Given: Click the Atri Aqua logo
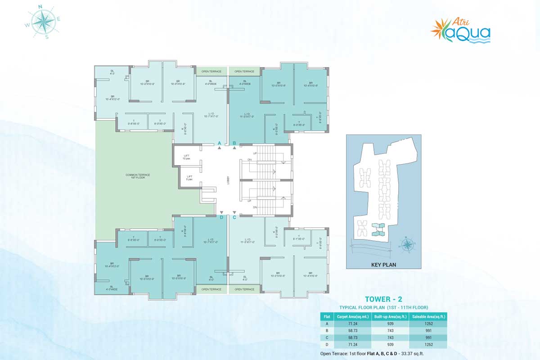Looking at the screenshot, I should tap(460, 30).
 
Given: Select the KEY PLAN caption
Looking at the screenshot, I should tap(383, 265).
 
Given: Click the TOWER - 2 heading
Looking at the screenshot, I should tap(383, 299).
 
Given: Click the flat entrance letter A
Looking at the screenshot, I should tap(219, 143).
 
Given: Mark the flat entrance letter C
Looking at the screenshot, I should tap(234, 217).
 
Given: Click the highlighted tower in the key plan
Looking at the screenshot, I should tap(378, 229).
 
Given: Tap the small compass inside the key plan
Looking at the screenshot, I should tap(407, 244).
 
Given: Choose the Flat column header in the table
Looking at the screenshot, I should tap(327, 316).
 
